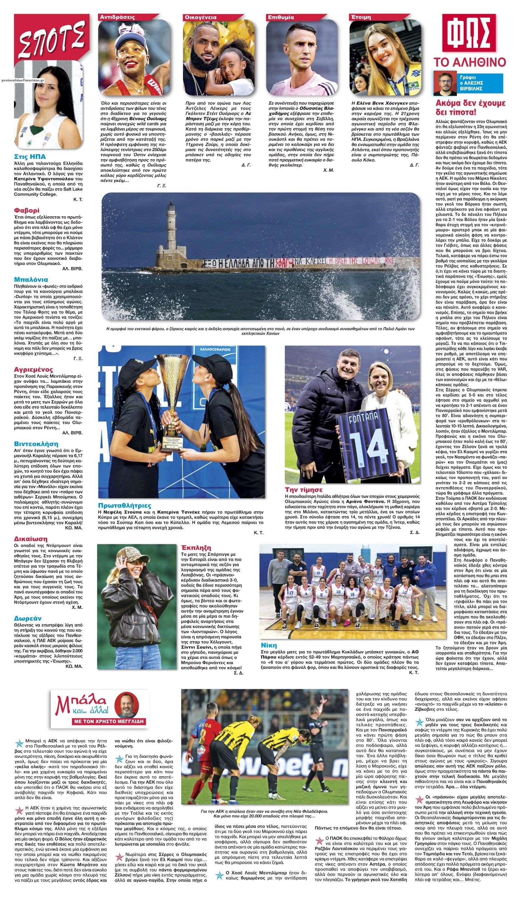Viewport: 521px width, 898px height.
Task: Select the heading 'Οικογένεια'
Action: tap(201, 17)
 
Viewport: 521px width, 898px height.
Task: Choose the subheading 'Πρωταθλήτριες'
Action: tap(124, 505)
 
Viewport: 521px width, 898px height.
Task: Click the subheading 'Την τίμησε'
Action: tap(303, 489)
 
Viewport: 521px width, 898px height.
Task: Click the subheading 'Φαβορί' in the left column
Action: tap(27, 210)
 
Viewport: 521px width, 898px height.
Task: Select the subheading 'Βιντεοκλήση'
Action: tap(36, 444)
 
